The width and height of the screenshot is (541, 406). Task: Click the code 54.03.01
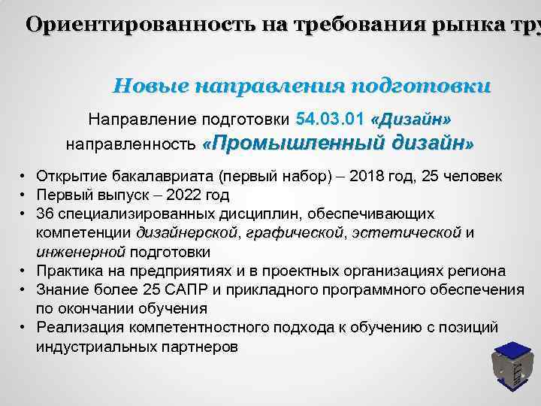(331, 119)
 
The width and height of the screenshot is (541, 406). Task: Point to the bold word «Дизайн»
(411, 120)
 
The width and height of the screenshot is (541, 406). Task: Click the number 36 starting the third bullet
(44, 214)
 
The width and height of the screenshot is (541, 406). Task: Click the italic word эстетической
(406, 233)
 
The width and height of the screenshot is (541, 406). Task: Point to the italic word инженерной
(80, 252)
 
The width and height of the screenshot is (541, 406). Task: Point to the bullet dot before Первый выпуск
(24, 195)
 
